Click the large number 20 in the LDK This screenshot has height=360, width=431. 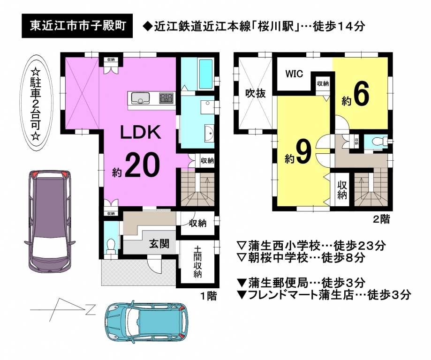(x=143, y=165)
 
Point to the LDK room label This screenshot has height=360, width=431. (x=140, y=132)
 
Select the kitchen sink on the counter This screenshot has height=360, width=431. (x=140, y=97)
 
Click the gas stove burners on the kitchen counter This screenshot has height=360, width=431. (x=166, y=98)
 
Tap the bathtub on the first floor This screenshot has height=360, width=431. (x=206, y=74)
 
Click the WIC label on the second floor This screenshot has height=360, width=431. (x=294, y=74)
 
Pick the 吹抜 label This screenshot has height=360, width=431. (x=255, y=93)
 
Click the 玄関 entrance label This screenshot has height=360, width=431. (x=159, y=244)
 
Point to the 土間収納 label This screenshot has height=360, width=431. (x=197, y=262)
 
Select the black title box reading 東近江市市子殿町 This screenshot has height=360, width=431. (x=77, y=26)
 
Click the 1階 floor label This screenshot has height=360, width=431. (x=209, y=296)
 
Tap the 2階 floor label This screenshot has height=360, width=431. (x=381, y=219)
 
